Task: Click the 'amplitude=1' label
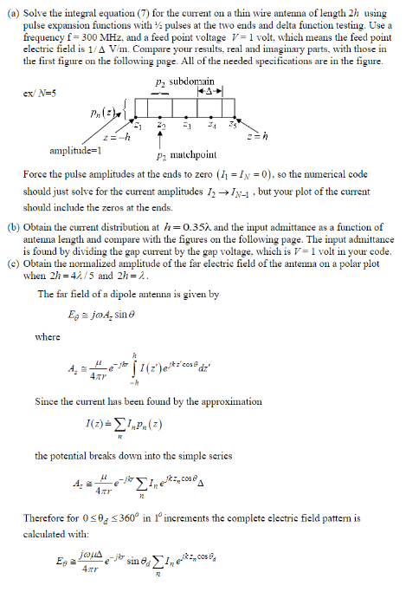click(x=55, y=149)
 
